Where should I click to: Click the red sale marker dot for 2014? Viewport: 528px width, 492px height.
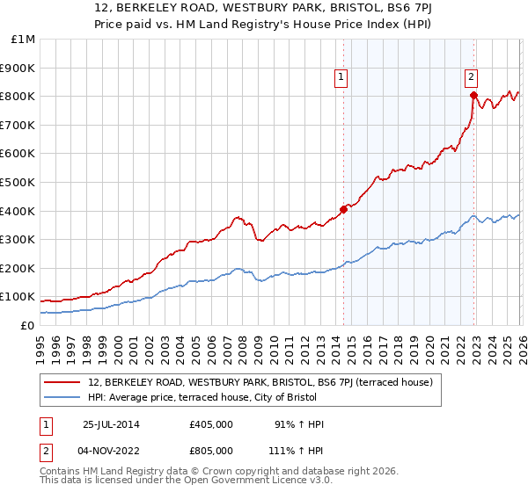coord(343,209)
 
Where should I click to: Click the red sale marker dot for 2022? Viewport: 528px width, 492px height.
coord(473,95)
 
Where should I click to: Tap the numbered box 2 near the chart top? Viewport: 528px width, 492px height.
coord(472,76)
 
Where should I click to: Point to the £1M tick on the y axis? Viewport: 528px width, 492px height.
coord(23,40)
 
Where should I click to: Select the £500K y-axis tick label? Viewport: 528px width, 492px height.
coord(19,183)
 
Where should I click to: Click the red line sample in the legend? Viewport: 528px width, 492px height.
coord(63,383)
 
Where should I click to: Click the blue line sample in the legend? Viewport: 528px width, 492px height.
coord(63,398)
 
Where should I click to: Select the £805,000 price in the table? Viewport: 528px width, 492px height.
coord(210,449)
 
